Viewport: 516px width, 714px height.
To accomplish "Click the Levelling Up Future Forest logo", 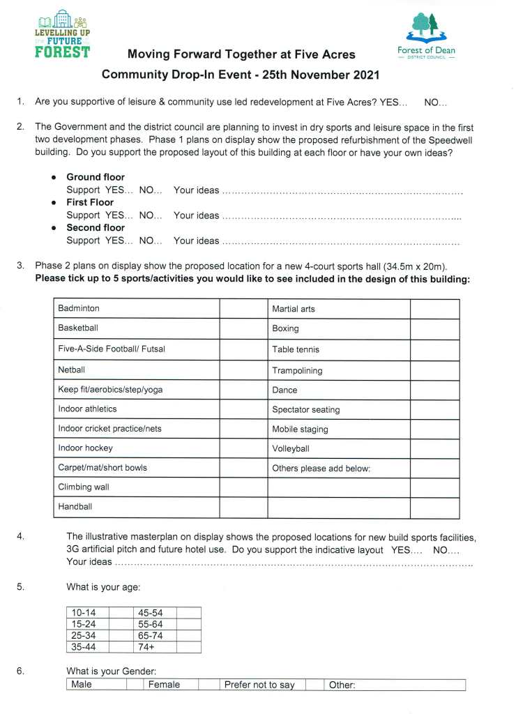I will (62, 34).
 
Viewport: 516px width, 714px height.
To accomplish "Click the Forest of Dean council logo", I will (425, 38).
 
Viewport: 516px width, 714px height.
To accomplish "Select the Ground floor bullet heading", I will (96, 177).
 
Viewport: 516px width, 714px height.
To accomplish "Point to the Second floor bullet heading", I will (96, 227).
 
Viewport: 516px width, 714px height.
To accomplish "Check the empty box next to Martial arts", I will (434, 309).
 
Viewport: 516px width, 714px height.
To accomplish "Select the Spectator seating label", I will (306, 410).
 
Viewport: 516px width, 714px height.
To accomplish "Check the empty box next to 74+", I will (188, 647).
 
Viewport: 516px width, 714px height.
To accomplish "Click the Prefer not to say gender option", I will (259, 685).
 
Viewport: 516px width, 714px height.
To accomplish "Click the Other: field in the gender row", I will (395, 685).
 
